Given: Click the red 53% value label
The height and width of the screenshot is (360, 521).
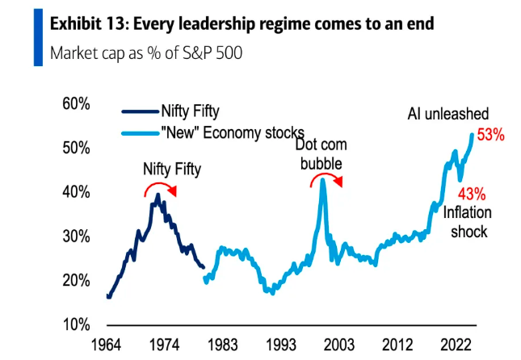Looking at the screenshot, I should click(490, 136).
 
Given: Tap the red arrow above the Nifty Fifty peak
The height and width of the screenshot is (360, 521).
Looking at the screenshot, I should click(160, 189).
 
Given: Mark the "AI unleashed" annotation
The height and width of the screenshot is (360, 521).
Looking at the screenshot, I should click(447, 114).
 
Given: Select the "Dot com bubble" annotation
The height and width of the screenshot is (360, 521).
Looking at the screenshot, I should click(321, 153).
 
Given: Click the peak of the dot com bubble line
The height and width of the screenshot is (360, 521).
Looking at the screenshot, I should click(323, 180).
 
